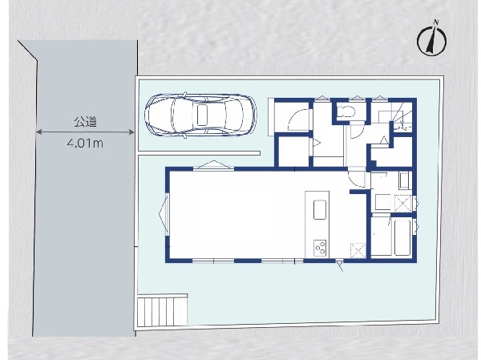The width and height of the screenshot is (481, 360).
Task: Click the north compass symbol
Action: tap(431, 39)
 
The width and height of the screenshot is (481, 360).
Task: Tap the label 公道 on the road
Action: tap(85, 122)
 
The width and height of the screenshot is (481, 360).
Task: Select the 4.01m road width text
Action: tap(85, 143)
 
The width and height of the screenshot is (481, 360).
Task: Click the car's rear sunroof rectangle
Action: tap(202, 115)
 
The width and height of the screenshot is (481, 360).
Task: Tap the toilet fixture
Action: tap(346, 111)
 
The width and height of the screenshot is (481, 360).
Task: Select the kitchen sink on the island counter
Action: tap(320, 209)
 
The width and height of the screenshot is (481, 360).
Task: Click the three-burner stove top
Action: tap(320, 248)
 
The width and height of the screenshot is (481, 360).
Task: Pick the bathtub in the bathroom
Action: tap(402, 237)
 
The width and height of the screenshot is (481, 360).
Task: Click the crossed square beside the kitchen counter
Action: tap(358, 250)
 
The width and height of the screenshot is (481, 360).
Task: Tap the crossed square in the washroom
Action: tap(402, 203)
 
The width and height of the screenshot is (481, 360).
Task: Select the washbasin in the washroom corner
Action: tap(404, 180)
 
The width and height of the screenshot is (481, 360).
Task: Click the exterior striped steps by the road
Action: tap(162, 310)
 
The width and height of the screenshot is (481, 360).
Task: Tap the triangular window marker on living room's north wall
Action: tap(213, 165)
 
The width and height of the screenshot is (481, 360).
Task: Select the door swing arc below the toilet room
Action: tap(358, 132)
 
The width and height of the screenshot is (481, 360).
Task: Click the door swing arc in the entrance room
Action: tap(297, 118)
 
